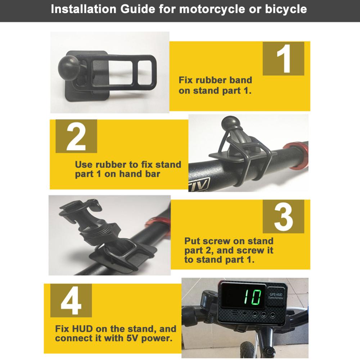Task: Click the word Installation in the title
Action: click(x=84, y=9)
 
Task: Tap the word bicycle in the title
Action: click(x=286, y=10)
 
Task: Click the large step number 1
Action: click(x=284, y=59)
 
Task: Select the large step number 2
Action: click(x=76, y=136)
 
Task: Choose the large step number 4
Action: click(x=71, y=301)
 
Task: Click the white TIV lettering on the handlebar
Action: click(x=199, y=185)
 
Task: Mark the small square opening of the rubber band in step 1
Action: click(x=145, y=72)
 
